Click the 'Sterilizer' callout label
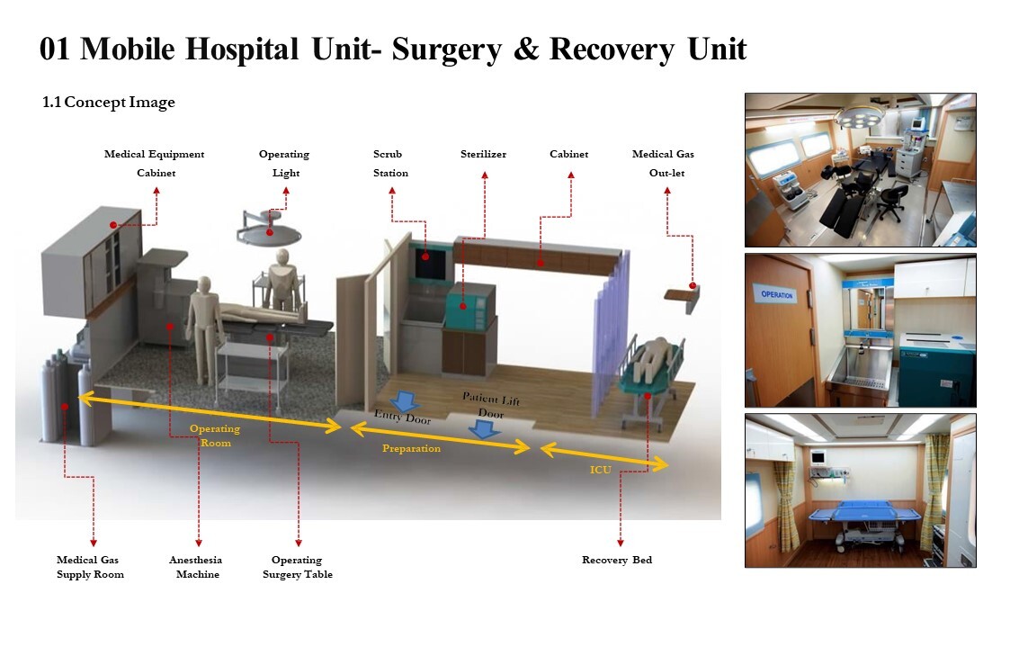(x=483, y=155)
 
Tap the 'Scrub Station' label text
(x=390, y=164)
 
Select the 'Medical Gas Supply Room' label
(x=90, y=567)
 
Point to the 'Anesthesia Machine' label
(x=196, y=567)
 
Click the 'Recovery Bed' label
(x=617, y=560)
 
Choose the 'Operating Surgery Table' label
(x=297, y=567)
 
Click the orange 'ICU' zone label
(x=601, y=470)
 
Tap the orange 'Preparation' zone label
(x=411, y=448)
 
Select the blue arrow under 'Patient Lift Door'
(x=486, y=428)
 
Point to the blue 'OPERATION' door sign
(x=777, y=294)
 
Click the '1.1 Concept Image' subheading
(x=109, y=103)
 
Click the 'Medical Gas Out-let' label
(x=663, y=164)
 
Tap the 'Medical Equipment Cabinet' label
(x=155, y=164)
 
